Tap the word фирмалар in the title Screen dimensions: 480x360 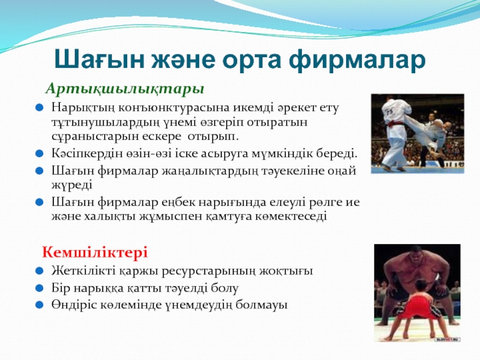pyautogui.click(x=357, y=60)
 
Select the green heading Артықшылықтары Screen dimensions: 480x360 pyautogui.click(x=125, y=89)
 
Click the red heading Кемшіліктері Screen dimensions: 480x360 pyautogui.click(x=95, y=253)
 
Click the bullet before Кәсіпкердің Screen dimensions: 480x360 pyautogui.click(x=39, y=153)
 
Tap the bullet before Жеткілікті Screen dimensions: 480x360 pyautogui.click(x=39, y=271)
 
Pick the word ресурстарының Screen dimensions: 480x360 pyautogui.click(x=208, y=271)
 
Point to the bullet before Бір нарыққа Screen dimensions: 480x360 pyautogui.click(x=39, y=288)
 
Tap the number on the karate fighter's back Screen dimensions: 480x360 pyautogui.click(x=389, y=111)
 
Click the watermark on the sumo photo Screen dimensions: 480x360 pyautogui.click(x=448, y=339)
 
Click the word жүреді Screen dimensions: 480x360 pyautogui.click(x=71, y=185)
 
